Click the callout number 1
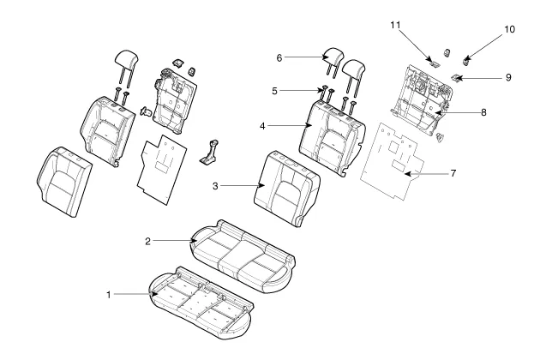pos(109,295)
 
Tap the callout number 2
pos(147,242)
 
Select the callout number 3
pos(215,186)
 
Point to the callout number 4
pos(262,126)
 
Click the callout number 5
pos(274,91)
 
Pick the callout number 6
pos(279,58)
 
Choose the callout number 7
pos(453,173)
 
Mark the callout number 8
pos(483,112)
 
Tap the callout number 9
pos(508,78)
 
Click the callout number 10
pos(509,30)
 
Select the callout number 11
pos(395,25)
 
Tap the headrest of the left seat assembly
pos(126,68)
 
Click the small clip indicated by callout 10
pos(466,62)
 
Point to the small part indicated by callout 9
pos(456,78)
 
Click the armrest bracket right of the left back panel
pos(209,153)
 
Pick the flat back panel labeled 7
pos(393,162)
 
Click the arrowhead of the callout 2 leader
pos(195,241)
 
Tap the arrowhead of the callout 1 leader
pos(155,294)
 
